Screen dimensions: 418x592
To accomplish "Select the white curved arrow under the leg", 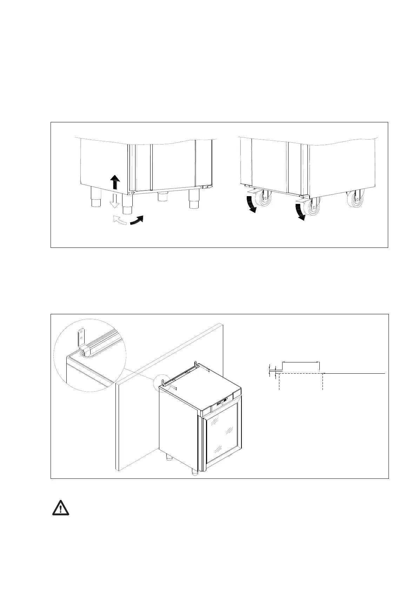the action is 119,221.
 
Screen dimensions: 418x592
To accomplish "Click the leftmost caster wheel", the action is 266,201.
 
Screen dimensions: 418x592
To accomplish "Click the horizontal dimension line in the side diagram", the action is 301,362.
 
